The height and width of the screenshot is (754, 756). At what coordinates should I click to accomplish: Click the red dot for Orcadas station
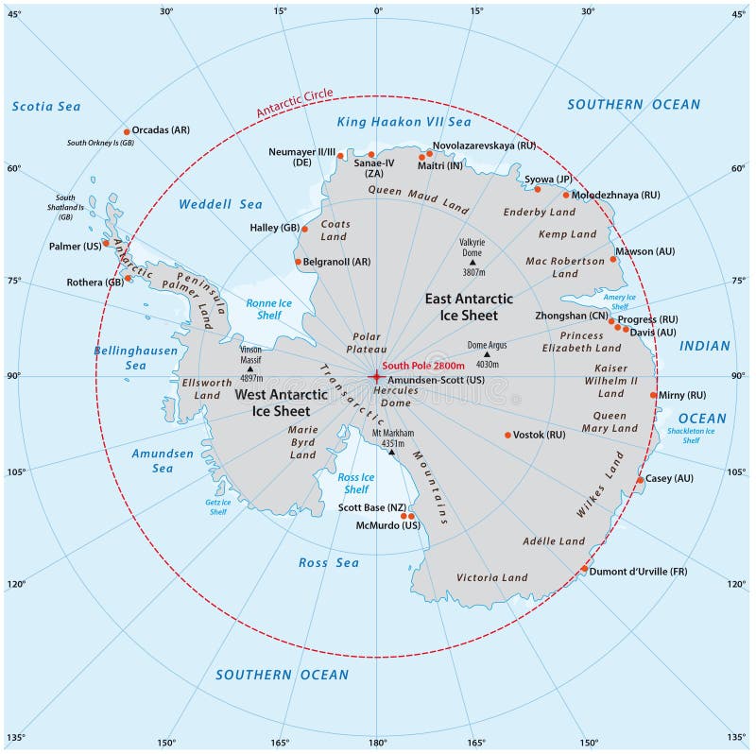click(x=127, y=131)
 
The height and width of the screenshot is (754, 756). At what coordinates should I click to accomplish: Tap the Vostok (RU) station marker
click(x=507, y=436)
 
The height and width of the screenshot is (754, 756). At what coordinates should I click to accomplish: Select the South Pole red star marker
click(x=376, y=376)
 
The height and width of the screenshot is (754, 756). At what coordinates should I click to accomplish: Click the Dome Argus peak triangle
click(x=487, y=355)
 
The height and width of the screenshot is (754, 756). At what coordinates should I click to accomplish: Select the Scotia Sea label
click(x=46, y=107)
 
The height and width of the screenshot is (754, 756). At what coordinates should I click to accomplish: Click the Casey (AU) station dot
click(x=640, y=480)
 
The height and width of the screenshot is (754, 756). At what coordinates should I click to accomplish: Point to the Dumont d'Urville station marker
click(x=584, y=570)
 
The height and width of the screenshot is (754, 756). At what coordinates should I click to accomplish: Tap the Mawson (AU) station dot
click(x=613, y=259)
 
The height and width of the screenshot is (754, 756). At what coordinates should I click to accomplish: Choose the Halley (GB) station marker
click(x=304, y=229)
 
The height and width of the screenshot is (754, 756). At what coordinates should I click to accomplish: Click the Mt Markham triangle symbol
click(x=391, y=453)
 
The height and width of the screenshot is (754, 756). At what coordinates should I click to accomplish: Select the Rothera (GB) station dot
click(x=128, y=278)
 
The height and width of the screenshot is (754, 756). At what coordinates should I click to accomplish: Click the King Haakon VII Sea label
click(x=404, y=122)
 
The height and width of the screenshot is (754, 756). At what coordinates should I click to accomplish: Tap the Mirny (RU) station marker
click(x=653, y=396)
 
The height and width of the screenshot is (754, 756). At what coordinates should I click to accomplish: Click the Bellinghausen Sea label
click(x=123, y=357)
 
